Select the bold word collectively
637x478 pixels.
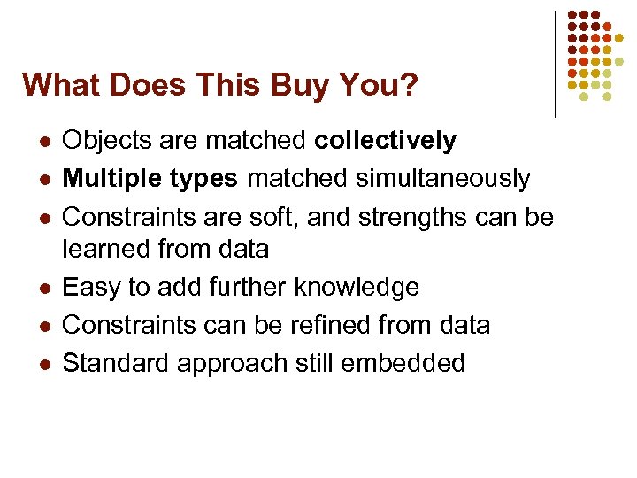click(x=386, y=141)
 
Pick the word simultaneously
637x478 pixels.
click(x=443, y=179)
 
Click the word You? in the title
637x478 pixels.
click(x=376, y=86)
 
